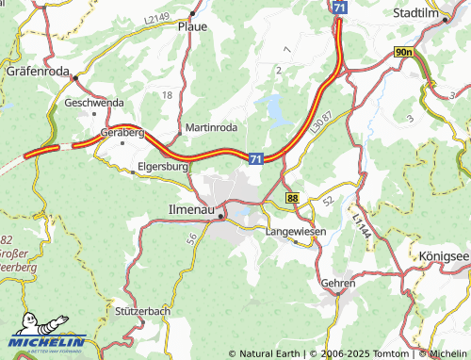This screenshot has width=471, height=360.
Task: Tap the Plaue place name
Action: point(192,27)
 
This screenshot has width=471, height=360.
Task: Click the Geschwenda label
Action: point(92,102)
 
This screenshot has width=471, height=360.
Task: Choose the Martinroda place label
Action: point(211,126)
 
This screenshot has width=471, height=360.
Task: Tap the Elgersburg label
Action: point(163,166)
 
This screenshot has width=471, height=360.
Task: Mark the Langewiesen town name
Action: point(295,230)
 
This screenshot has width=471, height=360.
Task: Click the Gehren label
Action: point(338,283)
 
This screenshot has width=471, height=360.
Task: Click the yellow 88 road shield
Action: point(294,199)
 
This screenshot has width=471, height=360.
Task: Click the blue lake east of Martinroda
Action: point(277,109)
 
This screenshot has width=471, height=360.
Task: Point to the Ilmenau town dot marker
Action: point(221,217)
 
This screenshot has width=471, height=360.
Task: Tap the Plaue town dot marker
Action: point(192,14)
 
